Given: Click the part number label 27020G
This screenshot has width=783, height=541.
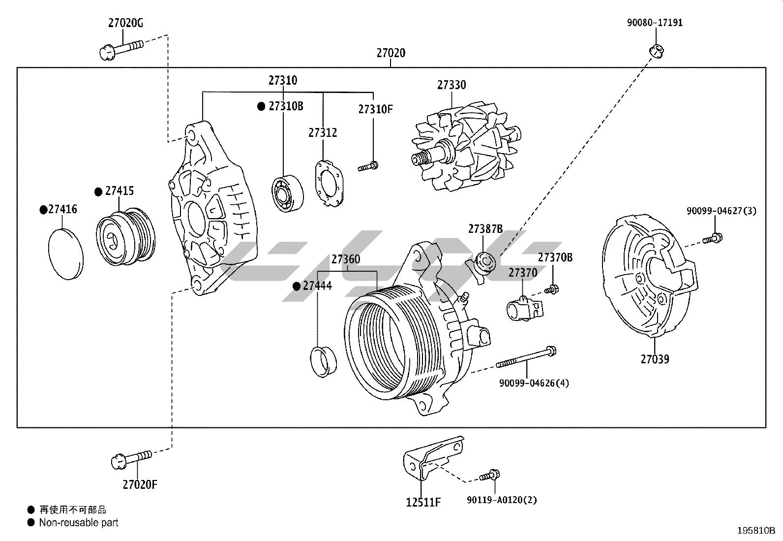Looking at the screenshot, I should [125, 23].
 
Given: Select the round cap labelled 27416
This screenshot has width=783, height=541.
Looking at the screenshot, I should [66, 254].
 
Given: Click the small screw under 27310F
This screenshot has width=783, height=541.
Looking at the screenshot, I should [368, 166].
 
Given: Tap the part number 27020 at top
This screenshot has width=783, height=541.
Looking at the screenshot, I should [391, 53].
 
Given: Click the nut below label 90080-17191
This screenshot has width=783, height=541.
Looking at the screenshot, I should [656, 49].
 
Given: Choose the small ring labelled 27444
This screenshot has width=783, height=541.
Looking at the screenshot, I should [323, 361].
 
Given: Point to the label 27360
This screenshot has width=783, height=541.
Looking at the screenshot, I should [345, 259].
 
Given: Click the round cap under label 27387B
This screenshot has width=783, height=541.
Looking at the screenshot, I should [485, 261].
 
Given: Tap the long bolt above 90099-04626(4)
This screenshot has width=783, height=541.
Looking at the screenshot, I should [526, 358].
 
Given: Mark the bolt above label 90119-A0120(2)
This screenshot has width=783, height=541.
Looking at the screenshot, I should [489, 476].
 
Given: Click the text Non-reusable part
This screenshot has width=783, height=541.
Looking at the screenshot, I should [79, 523].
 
